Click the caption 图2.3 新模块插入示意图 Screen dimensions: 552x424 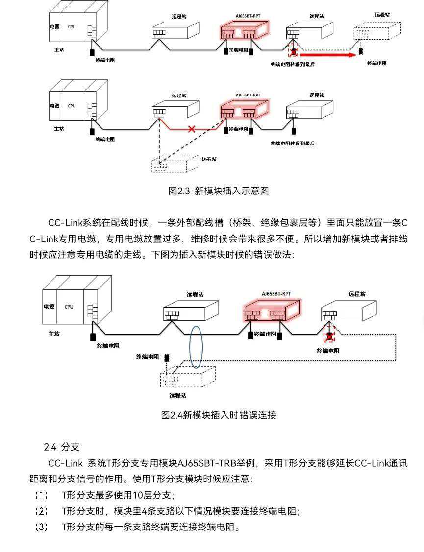218,191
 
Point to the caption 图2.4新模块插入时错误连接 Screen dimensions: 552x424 219,415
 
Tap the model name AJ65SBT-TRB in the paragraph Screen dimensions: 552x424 207,463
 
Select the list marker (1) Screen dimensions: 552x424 41,495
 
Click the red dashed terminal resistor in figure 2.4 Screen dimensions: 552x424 330,336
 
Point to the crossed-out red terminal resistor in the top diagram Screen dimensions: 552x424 294,51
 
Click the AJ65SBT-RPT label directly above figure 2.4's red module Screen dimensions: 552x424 276,294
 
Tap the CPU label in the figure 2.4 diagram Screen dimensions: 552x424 69,307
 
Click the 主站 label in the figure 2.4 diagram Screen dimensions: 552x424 54,334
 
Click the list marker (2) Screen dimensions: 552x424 41,511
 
